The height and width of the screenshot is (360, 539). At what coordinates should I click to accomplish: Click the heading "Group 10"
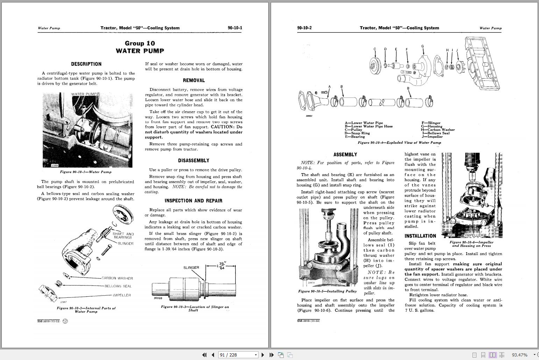tap(140, 43)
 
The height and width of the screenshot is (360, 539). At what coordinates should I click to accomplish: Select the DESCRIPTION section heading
tap(86, 64)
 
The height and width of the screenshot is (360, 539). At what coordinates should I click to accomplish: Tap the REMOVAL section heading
tap(193, 80)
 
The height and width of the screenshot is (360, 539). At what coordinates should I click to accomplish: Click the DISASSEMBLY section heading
tap(193, 161)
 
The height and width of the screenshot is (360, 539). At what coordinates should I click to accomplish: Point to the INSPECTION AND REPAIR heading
tap(193, 201)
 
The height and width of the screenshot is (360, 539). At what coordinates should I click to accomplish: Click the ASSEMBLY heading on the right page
tap(345, 155)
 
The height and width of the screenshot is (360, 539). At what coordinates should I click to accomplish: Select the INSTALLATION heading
tap(420, 236)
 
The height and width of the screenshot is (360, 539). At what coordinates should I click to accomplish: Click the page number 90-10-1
tap(235, 28)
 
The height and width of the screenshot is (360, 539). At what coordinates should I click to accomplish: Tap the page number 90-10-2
tap(304, 28)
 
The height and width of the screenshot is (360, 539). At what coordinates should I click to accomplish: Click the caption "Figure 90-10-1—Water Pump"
tap(86, 172)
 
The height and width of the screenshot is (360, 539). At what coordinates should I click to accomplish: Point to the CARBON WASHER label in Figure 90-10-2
tap(117, 278)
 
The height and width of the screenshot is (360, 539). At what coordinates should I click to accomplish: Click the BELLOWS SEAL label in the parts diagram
tap(118, 286)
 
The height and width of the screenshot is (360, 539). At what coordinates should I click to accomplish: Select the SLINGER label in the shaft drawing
tap(191, 268)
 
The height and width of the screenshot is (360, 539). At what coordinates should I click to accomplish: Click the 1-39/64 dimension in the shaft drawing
tap(221, 266)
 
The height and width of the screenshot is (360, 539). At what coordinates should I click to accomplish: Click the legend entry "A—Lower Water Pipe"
tap(364, 123)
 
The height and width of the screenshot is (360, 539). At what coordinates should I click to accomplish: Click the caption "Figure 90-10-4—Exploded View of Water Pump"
tap(399, 143)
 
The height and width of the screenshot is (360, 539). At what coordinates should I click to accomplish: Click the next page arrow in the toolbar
tap(263, 355)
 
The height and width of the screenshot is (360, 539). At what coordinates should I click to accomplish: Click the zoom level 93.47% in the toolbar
tap(519, 355)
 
